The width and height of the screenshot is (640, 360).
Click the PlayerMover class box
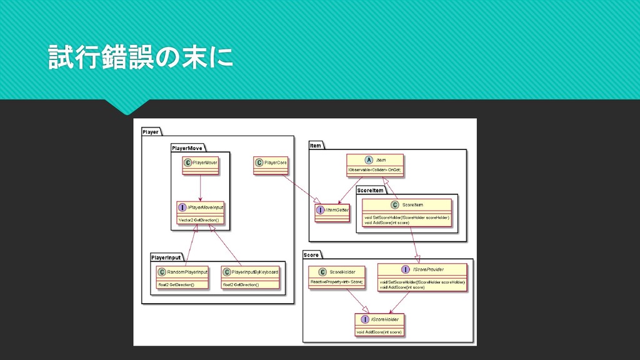tap(200, 162)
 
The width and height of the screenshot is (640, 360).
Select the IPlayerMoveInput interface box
tap(200, 212)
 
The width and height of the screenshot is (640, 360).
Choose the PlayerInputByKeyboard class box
tap(251, 278)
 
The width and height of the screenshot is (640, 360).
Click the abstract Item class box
tap(375, 164)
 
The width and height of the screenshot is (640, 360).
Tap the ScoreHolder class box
tap(336, 276)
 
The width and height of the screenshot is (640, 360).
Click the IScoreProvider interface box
tap(423, 276)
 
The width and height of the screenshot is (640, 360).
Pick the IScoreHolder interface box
tap(379, 324)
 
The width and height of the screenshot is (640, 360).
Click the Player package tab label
tap(151, 132)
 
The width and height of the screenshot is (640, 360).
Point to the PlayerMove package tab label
tap(188, 148)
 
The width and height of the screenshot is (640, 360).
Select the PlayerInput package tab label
tap(166, 257)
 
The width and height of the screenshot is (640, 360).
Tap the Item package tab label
tap(316, 146)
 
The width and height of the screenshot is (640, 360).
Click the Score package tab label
tap(311, 255)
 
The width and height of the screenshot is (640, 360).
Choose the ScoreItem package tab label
tap(371, 190)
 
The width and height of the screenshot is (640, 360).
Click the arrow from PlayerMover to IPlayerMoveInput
tap(200, 187)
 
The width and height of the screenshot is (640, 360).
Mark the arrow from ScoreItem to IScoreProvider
tap(414, 244)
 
